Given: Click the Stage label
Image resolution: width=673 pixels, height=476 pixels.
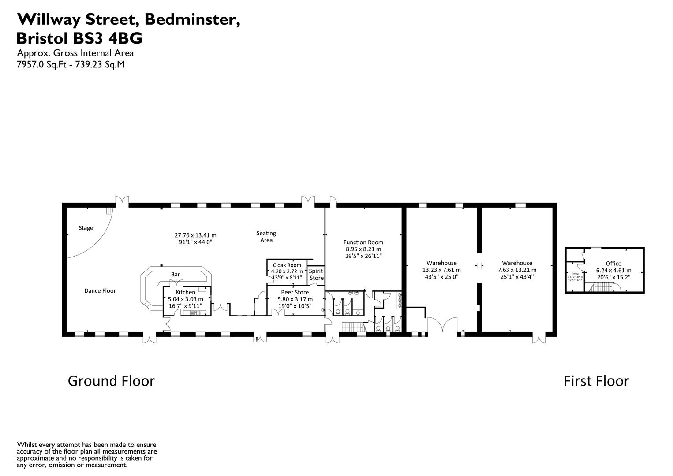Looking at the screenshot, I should coord(86,228).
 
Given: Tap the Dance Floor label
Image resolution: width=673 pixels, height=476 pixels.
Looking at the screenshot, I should coord(100,291).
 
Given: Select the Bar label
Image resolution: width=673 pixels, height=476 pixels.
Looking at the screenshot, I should coord(175,275).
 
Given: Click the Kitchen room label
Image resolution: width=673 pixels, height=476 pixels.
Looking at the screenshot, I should coord(185,292).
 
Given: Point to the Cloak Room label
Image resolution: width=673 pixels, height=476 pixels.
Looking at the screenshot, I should coord(287,265).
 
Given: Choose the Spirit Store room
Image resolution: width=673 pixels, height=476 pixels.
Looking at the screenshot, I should coord(316,275).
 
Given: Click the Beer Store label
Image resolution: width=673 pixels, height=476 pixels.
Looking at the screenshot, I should coord(295,292).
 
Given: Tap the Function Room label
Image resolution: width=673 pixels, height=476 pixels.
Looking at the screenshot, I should coord(363,242).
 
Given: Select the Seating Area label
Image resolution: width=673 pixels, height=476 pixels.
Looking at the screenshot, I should coord(266,237).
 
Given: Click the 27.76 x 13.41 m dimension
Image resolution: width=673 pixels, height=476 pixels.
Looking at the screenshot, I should coord(195,235).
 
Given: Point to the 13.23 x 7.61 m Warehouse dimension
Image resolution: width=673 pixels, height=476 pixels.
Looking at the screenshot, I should coord(441,270).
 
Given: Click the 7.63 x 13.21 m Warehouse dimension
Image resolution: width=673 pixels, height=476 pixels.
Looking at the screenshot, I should coord(517,270).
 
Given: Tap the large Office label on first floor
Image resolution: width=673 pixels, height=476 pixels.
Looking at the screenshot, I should coord(613,264).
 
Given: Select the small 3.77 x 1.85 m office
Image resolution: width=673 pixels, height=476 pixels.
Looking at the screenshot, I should coord(575,277).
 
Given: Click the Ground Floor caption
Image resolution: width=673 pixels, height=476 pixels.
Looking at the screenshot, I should coord(111,381).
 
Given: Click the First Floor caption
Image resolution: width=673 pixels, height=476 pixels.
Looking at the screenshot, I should coord(596,381).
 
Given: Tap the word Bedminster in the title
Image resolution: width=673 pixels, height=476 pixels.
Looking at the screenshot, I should coord(192,19).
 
